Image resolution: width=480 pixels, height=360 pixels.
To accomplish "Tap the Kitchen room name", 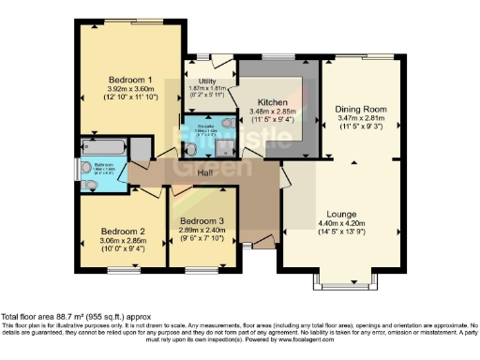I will [272, 100].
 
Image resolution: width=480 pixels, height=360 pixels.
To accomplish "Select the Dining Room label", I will [361, 109].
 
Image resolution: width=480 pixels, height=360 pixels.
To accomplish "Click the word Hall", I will [207, 172].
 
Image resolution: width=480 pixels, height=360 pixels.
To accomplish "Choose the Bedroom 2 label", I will [122, 231].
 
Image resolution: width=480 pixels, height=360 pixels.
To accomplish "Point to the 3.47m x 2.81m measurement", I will [361, 120].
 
